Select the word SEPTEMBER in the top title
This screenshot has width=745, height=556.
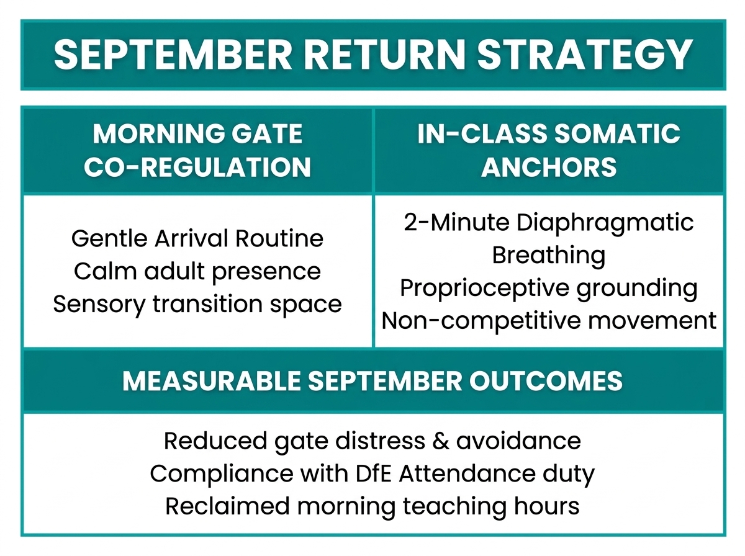(173, 54)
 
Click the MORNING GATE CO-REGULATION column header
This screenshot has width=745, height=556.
(197, 150)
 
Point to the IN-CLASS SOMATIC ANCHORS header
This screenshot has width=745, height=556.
(549, 150)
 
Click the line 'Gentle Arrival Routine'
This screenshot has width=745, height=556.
(197, 238)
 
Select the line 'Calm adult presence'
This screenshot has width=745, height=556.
(197, 272)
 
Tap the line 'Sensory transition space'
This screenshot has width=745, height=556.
(197, 304)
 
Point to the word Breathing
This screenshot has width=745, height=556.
(548, 256)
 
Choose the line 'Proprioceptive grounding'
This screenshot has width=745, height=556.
(548, 289)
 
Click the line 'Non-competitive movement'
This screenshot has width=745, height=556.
(548, 321)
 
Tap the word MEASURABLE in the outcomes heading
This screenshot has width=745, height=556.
(212, 380)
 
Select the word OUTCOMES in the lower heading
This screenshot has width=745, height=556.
(546, 380)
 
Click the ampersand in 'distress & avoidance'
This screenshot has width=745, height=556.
(441, 441)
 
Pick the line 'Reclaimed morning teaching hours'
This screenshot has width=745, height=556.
(372, 506)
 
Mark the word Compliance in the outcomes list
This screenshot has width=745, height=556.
(222, 474)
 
